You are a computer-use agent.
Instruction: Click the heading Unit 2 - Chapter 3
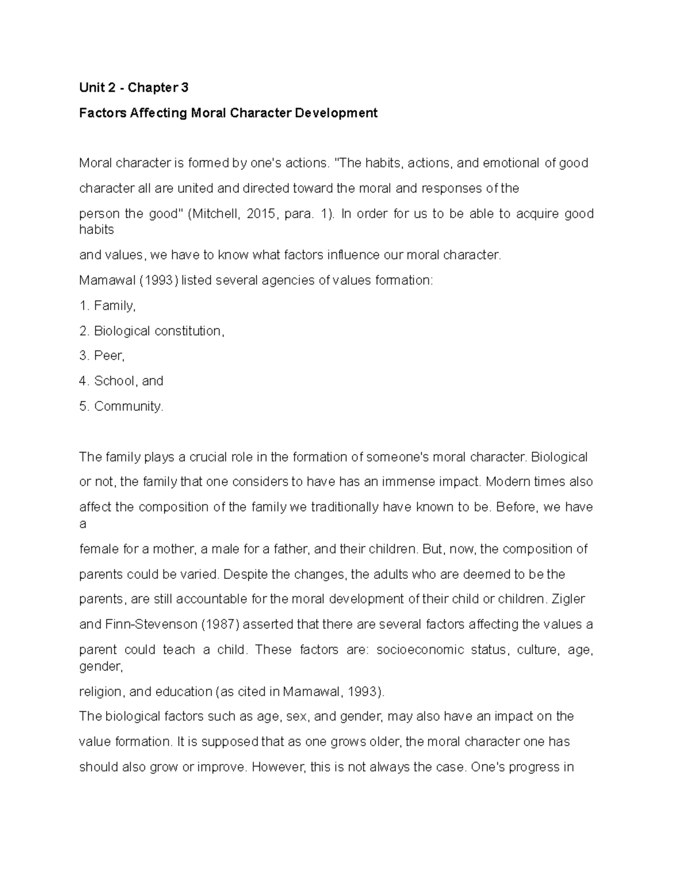(x=134, y=88)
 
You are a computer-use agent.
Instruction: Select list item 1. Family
(x=107, y=306)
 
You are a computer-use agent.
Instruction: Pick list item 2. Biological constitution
(x=152, y=331)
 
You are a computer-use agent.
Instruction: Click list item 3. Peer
(x=102, y=356)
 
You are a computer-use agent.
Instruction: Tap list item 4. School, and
(x=121, y=381)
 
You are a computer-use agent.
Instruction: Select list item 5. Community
(x=121, y=407)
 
